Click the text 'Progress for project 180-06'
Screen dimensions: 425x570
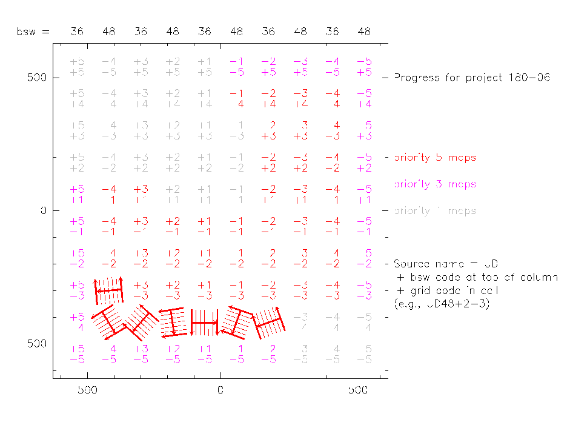[472, 78]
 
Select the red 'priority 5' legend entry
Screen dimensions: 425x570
[435, 158]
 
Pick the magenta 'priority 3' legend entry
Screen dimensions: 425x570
[435, 184]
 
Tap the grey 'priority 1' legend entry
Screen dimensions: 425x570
[435, 211]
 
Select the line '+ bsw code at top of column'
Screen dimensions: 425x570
[476, 278]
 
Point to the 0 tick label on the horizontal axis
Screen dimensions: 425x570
[220, 391]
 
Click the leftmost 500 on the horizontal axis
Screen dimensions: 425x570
[87, 391]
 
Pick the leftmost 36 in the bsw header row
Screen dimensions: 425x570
[77, 31]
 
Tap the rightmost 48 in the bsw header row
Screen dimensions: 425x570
[364, 31]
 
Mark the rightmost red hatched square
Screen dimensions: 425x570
[268, 323]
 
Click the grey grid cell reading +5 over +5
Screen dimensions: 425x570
[77, 67]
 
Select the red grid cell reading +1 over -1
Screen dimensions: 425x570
[205, 227]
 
